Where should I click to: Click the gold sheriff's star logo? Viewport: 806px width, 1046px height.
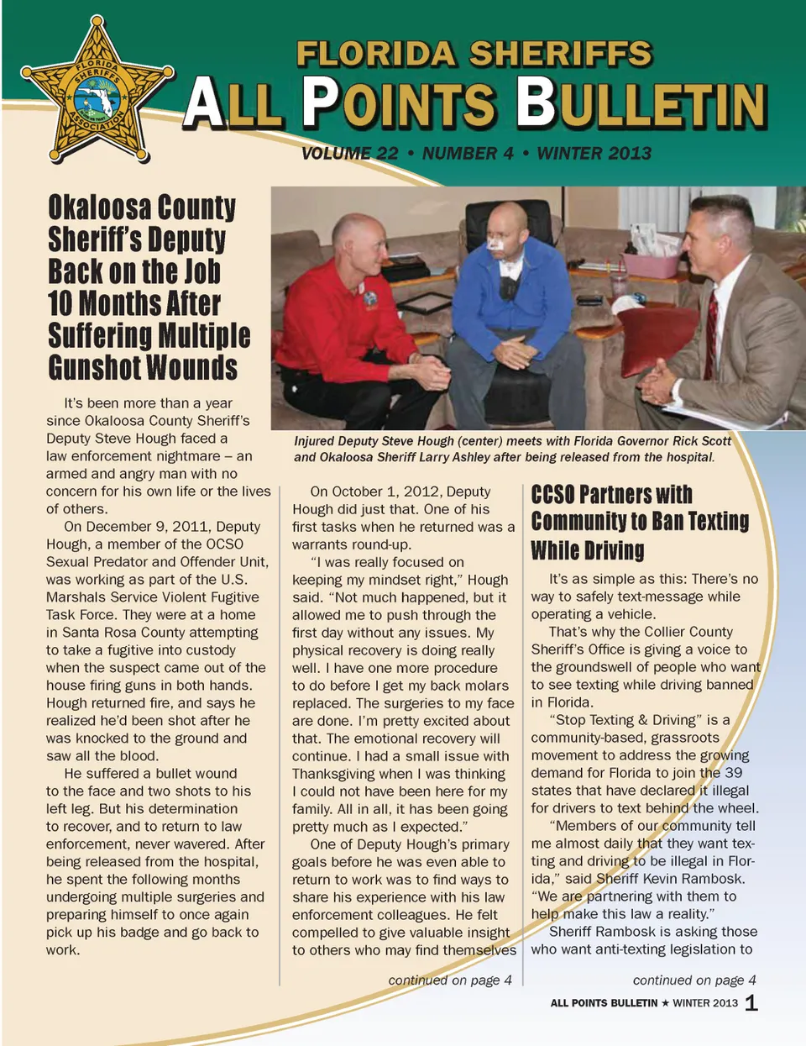(x=97, y=91)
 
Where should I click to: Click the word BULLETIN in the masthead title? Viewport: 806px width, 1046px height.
(x=641, y=104)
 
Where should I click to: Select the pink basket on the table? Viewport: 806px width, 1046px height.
(x=649, y=263)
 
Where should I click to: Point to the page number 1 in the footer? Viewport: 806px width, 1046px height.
(x=751, y=1002)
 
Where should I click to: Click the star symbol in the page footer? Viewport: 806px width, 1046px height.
(x=665, y=1003)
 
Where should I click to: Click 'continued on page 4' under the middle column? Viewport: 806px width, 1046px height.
(x=450, y=980)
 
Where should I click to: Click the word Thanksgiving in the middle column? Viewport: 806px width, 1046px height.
(x=340, y=774)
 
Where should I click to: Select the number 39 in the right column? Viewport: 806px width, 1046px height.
(x=732, y=773)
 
